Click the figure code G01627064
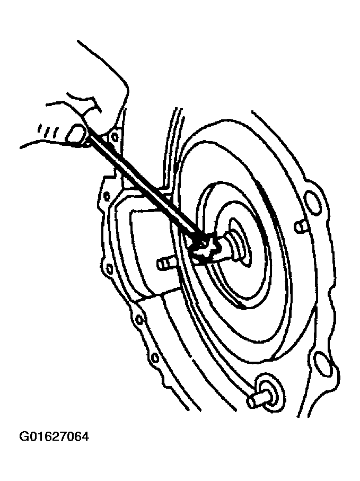[54, 436]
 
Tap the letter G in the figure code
[24, 436]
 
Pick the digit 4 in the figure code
[85, 436]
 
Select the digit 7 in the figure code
[62, 436]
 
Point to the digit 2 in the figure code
[55, 436]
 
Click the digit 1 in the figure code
[39, 436]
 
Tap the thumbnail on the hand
[75, 134]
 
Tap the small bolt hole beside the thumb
[115, 137]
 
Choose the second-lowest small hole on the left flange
[138, 320]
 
